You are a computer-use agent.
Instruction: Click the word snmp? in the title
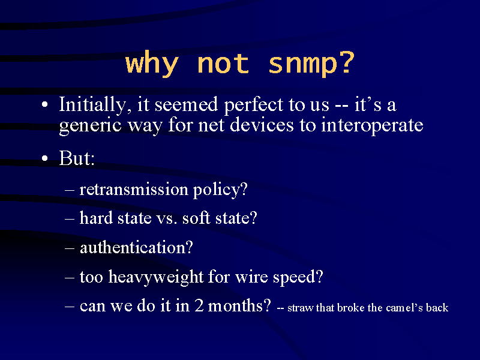click(311, 64)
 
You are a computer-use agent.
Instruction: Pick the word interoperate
click(372, 126)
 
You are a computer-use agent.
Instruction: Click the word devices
click(262, 125)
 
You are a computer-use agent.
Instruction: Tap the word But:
click(77, 158)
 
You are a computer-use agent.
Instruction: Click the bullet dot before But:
click(45, 158)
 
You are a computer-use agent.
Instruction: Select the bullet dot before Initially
click(45, 104)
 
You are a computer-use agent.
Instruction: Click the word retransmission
click(134, 189)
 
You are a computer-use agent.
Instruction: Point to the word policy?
click(220, 190)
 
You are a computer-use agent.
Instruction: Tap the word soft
click(196, 218)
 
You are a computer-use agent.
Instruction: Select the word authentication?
click(137, 247)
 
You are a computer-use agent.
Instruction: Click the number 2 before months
click(199, 306)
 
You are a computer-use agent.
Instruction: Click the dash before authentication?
click(70, 248)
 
